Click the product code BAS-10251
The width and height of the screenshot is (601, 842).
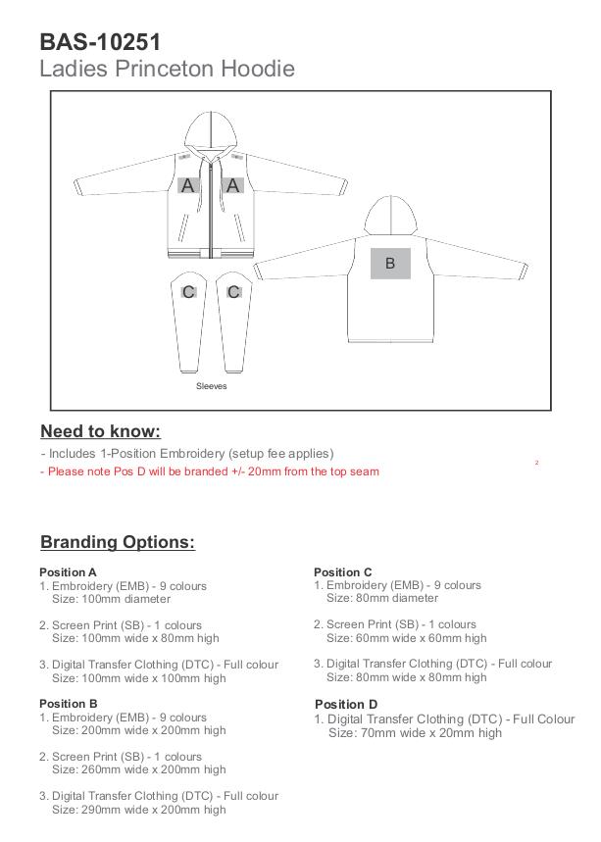click(100, 42)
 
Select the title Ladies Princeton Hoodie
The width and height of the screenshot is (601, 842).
click(167, 69)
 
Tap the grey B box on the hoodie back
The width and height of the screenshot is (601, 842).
click(390, 263)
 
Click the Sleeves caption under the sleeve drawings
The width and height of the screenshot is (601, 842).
click(211, 386)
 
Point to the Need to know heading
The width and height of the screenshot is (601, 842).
click(100, 431)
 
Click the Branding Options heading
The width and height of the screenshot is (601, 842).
click(118, 542)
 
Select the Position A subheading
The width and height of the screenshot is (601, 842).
click(69, 572)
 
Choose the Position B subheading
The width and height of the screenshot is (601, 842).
click(69, 704)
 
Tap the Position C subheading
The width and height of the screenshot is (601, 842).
click(343, 572)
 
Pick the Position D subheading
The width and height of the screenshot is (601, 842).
click(346, 704)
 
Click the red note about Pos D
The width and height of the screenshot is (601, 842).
click(210, 471)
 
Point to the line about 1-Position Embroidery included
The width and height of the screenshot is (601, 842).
click(187, 454)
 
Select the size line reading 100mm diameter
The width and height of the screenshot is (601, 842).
click(111, 599)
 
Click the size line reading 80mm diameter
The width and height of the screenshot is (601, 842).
click(382, 598)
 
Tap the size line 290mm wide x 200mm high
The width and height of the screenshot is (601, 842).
click(139, 810)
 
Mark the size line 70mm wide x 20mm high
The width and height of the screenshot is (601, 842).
click(415, 732)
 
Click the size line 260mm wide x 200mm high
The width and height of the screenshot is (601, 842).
click(139, 769)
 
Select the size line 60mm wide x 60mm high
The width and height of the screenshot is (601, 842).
click(406, 637)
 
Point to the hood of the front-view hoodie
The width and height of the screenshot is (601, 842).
click(211, 131)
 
